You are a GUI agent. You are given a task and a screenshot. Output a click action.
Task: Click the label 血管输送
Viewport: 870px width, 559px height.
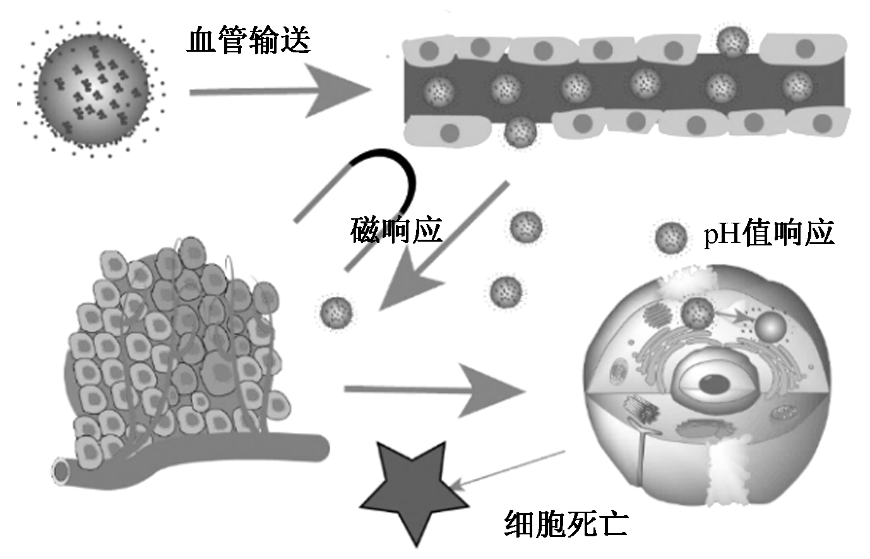248,41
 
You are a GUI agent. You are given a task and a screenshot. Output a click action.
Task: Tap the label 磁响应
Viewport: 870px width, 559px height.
396,231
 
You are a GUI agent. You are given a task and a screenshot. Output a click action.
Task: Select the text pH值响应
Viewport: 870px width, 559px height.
768,233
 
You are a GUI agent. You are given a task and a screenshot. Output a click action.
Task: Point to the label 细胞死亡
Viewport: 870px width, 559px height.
566,522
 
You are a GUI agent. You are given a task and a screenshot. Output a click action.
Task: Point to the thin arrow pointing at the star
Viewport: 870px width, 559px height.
508,469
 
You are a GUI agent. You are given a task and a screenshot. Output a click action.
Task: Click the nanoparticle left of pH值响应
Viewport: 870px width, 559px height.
670,238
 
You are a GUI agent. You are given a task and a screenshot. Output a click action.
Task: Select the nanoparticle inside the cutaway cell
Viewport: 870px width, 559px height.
698,314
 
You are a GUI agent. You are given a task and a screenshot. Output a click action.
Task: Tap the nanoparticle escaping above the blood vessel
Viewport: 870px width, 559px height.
733,41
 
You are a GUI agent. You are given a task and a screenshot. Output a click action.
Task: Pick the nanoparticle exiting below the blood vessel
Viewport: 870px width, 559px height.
521,132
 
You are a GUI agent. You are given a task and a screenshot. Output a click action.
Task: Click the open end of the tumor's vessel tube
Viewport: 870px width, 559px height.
62,471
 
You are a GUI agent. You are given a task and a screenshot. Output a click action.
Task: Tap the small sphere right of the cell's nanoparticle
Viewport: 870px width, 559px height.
771,326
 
